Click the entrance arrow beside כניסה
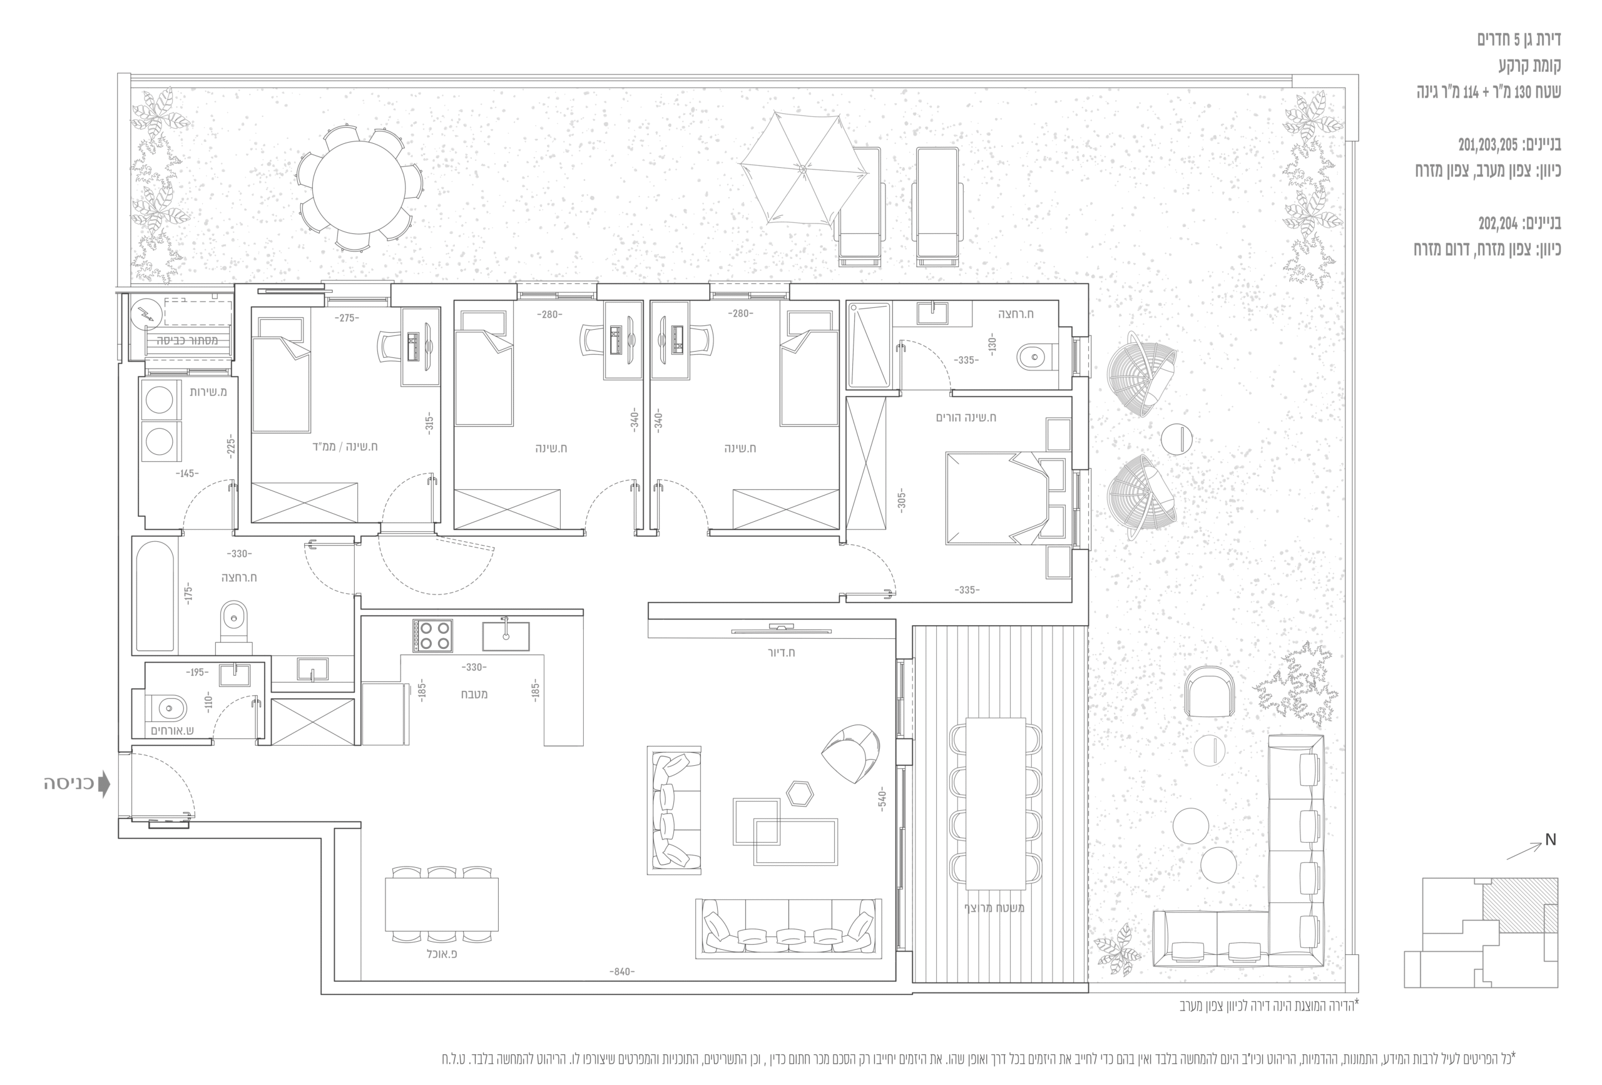[104, 784]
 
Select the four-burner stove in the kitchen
[432, 636]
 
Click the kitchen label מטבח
[474, 694]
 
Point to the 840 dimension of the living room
[622, 971]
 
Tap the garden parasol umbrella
[804, 168]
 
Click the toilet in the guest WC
[168, 708]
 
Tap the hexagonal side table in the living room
[800, 793]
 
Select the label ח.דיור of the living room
[781, 652]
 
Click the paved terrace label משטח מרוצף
[994, 908]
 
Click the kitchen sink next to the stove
[505, 636]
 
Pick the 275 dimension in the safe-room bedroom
[347, 318]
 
